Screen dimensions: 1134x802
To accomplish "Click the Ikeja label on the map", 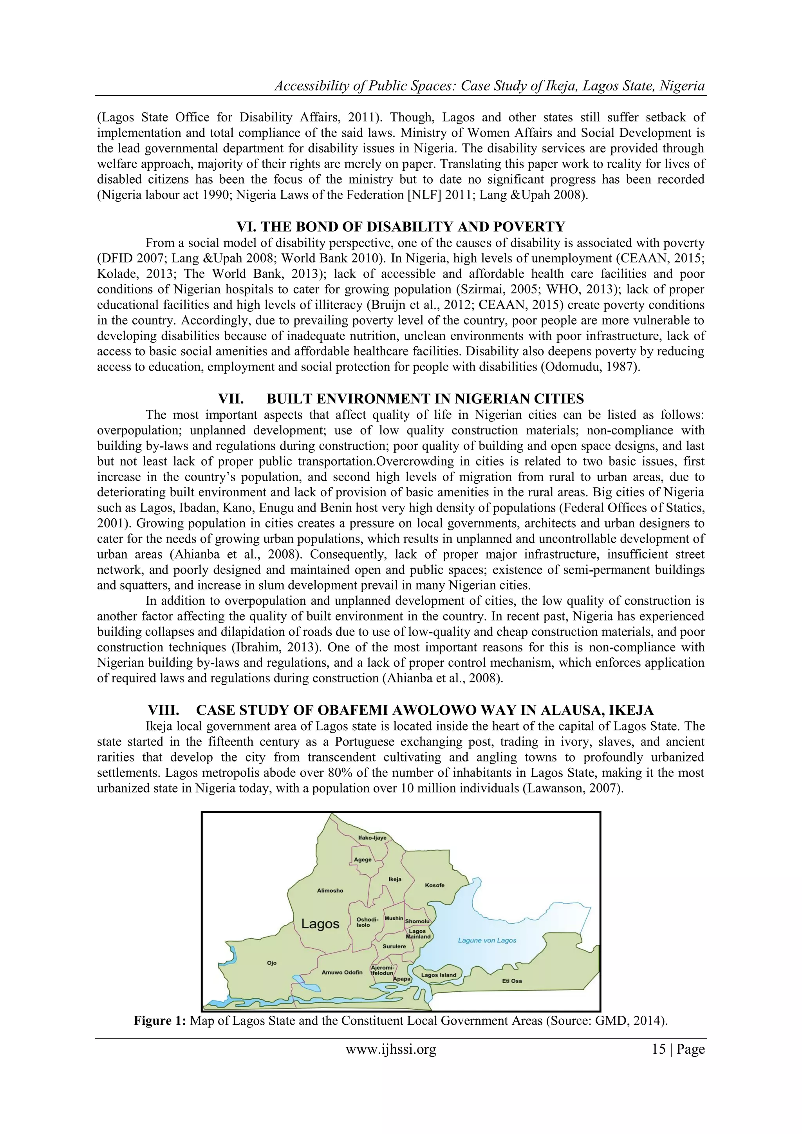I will pyautogui.click(x=395, y=879).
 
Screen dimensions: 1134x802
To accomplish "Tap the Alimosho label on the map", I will pyautogui.click(x=330, y=890).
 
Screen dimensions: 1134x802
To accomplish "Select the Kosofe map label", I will pyautogui.click(x=435, y=885).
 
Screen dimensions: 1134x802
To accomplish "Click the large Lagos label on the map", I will pyautogui.click(x=320, y=924).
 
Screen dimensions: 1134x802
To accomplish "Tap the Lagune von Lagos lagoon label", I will pyautogui.click(x=487, y=940).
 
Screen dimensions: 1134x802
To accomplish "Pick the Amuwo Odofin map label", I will pyautogui.click(x=342, y=973).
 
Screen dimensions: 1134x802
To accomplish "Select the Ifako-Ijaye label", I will pyautogui.click(x=372, y=837).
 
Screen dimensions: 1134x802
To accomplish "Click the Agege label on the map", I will pyautogui.click(x=363, y=859).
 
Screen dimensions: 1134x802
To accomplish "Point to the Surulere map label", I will pyautogui.click(x=394, y=946).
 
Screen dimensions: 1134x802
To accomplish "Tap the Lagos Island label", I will pyautogui.click(x=439, y=975).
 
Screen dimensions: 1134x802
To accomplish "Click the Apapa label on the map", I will pyautogui.click(x=401, y=978).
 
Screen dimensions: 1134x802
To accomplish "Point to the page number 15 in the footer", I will pyautogui.click(x=659, y=1049).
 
